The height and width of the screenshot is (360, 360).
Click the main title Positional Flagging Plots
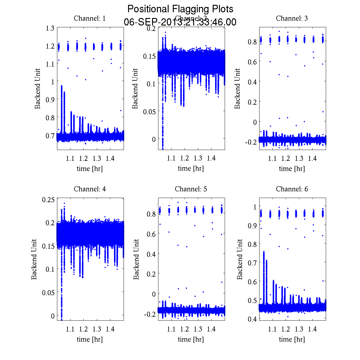[180, 9]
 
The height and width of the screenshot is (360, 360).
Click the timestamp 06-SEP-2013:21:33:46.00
[180, 22]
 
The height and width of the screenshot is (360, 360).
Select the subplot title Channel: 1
[90, 18]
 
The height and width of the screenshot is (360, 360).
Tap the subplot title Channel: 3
[292, 18]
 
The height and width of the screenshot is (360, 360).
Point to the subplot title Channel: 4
[90, 189]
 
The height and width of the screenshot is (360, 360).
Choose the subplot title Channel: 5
[191, 189]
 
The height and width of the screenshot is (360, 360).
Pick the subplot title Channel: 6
[292, 189]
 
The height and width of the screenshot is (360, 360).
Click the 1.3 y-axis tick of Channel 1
[50, 28]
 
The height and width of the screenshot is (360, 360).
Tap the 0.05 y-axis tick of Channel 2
[149, 111]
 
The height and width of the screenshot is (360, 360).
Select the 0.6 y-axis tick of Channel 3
[252, 61]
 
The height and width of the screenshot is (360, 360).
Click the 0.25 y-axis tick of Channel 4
[49, 199]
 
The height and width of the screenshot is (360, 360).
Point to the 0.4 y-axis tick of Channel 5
[151, 254]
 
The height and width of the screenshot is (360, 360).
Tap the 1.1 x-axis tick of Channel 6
[272, 329]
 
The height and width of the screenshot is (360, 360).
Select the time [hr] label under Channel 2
[191, 168]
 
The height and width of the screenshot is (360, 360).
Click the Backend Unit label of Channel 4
[34, 259]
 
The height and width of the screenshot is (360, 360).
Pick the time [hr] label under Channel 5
[191, 339]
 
